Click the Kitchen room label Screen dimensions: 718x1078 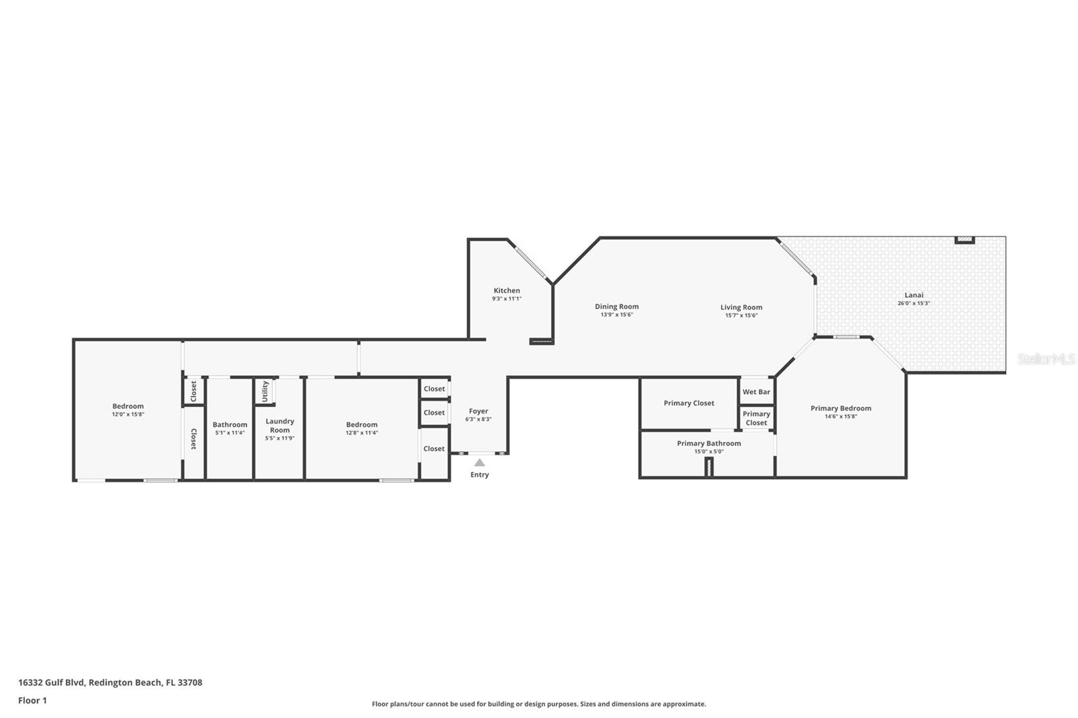pyautogui.click(x=507, y=291)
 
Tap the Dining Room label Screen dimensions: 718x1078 pyautogui.click(x=616, y=306)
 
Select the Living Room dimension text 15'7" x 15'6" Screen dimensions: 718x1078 pyautogui.click(x=741, y=315)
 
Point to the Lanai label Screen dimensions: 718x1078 pyautogui.click(x=914, y=295)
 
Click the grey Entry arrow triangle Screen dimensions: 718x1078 pyautogui.click(x=479, y=463)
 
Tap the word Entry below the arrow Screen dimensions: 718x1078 pyautogui.click(x=480, y=475)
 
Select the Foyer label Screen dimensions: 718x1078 pyautogui.click(x=478, y=411)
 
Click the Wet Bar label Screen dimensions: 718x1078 pyautogui.click(x=756, y=392)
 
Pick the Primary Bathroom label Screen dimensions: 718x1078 pyautogui.click(x=709, y=443)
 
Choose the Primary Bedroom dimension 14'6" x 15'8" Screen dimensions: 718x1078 pyautogui.click(x=841, y=417)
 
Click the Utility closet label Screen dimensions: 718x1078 pyautogui.click(x=265, y=391)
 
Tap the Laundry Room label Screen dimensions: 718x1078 pyautogui.click(x=280, y=426)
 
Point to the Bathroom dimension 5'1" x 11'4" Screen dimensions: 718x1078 pyautogui.click(x=230, y=433)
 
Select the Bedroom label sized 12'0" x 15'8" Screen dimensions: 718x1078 pyautogui.click(x=128, y=406)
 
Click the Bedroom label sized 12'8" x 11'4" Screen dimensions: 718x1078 pyautogui.click(x=362, y=424)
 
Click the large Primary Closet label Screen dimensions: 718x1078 pyautogui.click(x=689, y=403)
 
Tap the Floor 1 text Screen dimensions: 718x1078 pyautogui.click(x=32, y=700)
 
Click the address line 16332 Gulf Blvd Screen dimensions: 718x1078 pyautogui.click(x=110, y=682)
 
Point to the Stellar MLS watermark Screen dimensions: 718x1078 pyautogui.click(x=1046, y=359)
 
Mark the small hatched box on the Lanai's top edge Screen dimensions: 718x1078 pyautogui.click(x=965, y=240)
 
